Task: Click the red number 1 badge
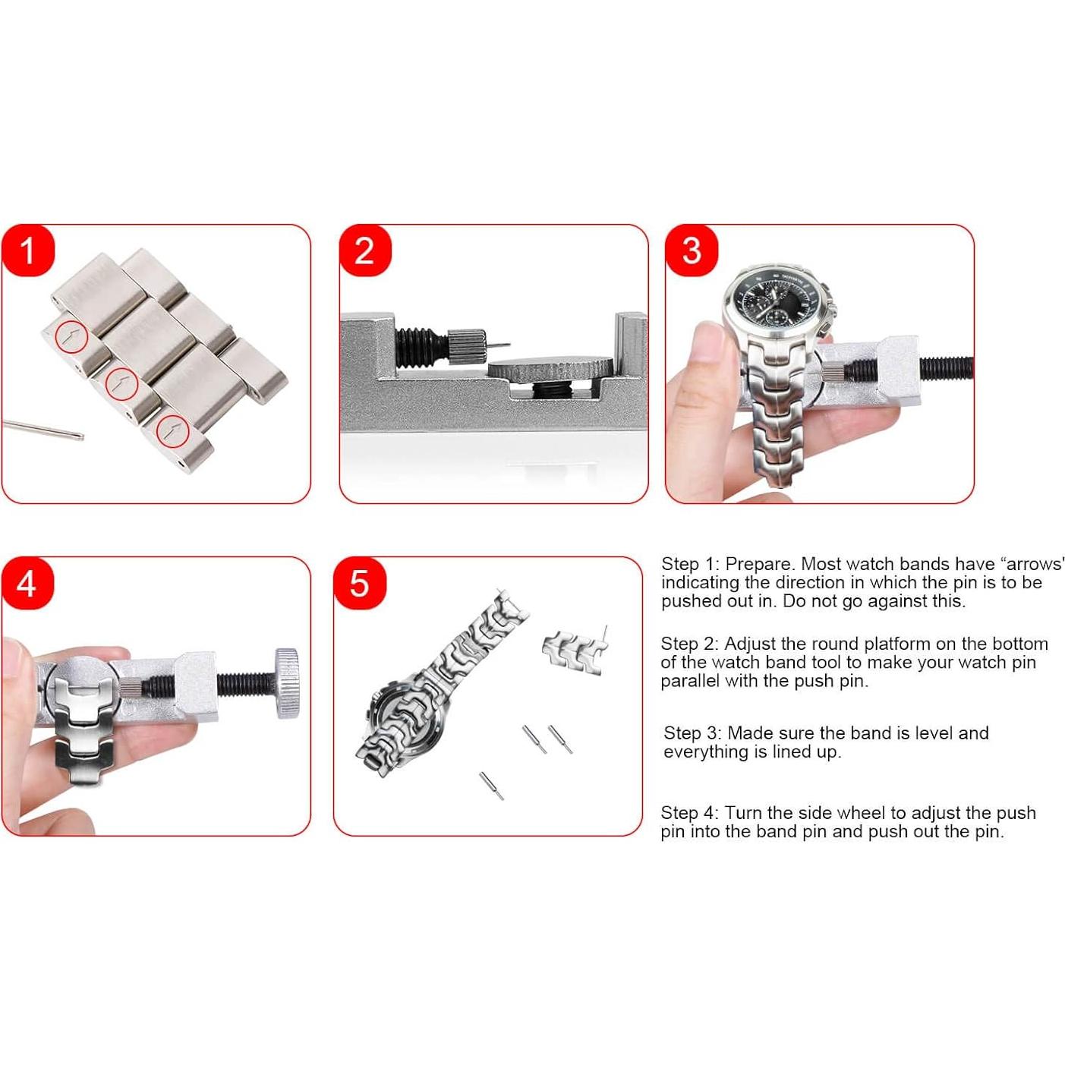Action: click(x=28, y=251)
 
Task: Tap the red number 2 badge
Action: click(x=364, y=251)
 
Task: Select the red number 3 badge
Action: click(x=692, y=251)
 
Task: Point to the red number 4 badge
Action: click(x=27, y=584)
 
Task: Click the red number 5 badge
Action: click(x=360, y=584)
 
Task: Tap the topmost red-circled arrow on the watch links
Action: click(x=72, y=336)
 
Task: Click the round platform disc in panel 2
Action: click(x=550, y=369)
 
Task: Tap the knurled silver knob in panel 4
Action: click(x=287, y=683)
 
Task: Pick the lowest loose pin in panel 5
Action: click(x=491, y=786)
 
